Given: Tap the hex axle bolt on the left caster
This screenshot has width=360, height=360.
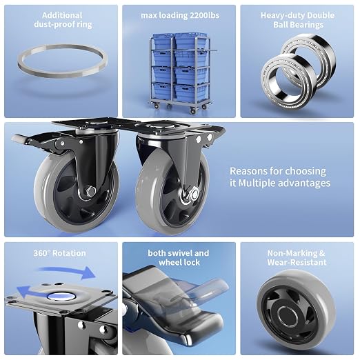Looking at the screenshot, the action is click(x=90, y=192).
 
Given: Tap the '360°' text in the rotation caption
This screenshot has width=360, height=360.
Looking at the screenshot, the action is click(x=41, y=253).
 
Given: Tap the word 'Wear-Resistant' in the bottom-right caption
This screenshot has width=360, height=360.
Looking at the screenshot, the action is click(x=297, y=262).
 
